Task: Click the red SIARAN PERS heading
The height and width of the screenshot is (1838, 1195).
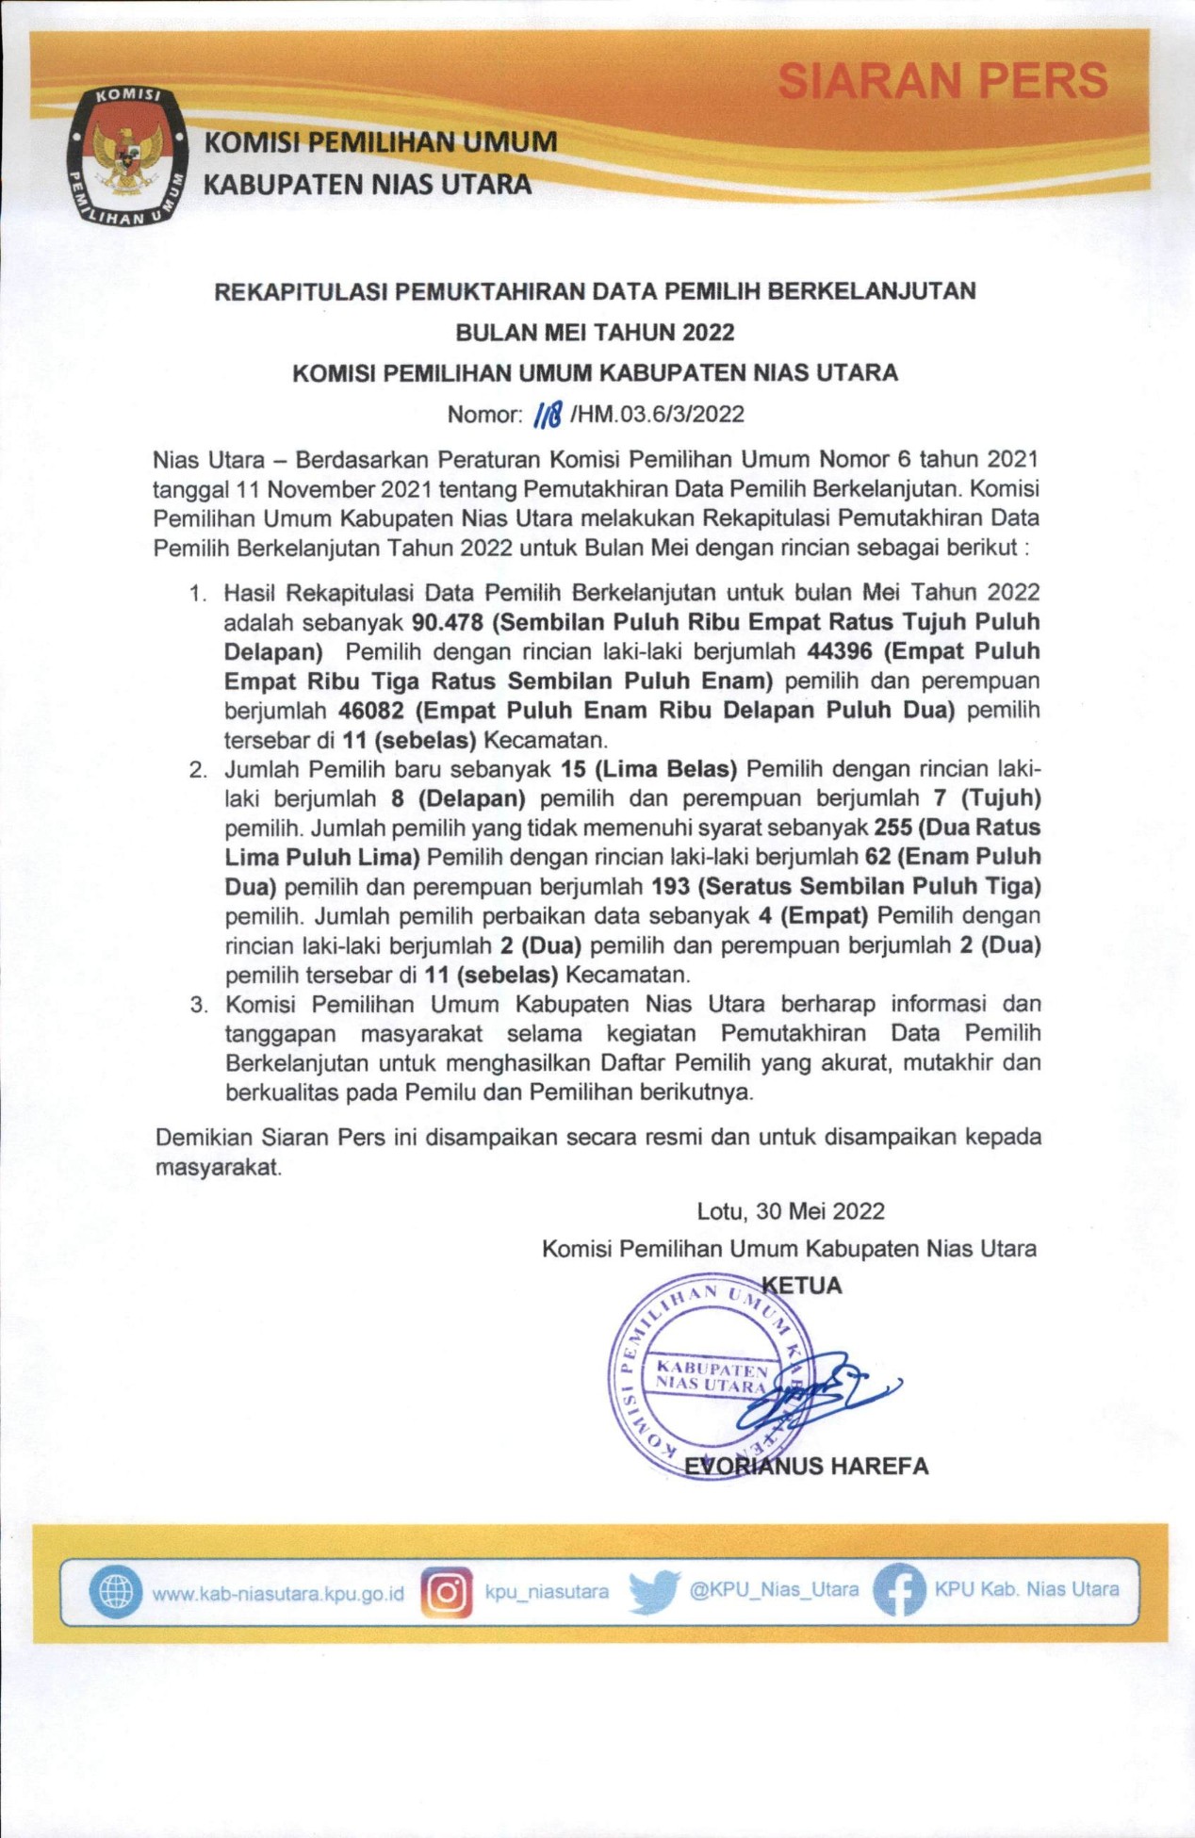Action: click(x=942, y=81)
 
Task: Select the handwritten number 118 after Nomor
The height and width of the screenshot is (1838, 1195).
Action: click(x=548, y=414)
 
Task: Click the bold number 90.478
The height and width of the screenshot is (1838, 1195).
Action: click(x=448, y=622)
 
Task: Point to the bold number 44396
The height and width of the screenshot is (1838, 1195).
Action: click(x=840, y=651)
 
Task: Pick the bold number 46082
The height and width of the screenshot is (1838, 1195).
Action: click(x=370, y=710)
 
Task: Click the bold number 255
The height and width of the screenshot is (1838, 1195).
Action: click(x=892, y=828)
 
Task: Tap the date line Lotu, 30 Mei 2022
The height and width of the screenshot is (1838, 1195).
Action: click(x=790, y=1211)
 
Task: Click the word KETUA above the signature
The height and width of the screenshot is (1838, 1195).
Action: click(x=801, y=1286)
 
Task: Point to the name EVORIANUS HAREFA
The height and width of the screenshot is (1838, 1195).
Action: click(x=806, y=1467)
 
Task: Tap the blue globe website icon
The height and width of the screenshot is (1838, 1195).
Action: click(x=116, y=1590)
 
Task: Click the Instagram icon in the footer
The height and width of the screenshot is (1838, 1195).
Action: click(x=447, y=1592)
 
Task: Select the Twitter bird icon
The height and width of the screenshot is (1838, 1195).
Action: click(x=654, y=1591)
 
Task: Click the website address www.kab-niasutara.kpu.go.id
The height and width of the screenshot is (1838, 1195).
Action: click(x=278, y=1593)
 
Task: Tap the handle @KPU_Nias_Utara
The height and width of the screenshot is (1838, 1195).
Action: click(x=774, y=1590)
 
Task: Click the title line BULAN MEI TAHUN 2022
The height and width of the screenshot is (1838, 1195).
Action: click(x=595, y=332)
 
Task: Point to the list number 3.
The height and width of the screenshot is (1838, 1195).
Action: click(x=198, y=1005)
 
